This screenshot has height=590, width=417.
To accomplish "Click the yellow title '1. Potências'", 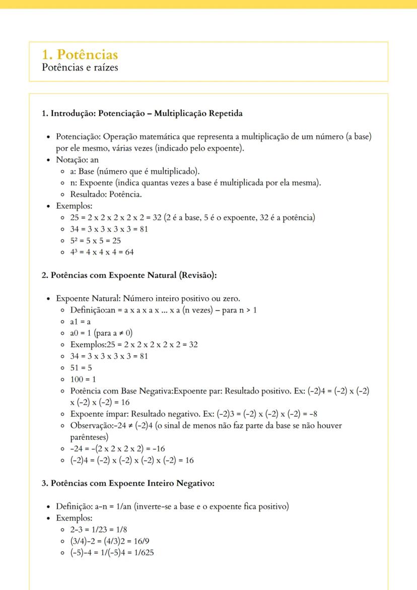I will click(x=81, y=54).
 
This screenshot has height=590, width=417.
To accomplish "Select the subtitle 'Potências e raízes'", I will click(x=80, y=67).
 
